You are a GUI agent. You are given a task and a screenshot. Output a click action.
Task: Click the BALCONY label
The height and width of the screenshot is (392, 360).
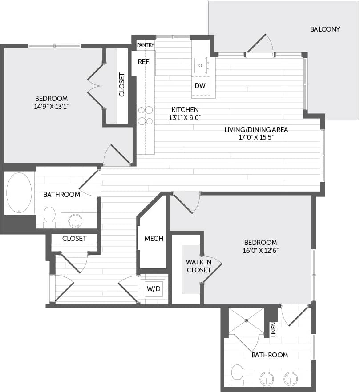point(325,29)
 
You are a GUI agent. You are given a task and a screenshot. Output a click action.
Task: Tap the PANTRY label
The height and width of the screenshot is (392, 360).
point(146,45)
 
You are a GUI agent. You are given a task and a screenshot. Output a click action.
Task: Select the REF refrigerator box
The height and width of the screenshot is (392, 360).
point(143,62)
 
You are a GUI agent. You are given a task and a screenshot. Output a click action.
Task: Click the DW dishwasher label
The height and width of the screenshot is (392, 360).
point(200,86)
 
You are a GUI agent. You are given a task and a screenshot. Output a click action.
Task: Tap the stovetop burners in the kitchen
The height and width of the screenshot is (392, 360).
point(146,115)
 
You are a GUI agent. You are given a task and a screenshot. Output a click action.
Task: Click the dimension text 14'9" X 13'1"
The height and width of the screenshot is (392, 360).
point(51,107)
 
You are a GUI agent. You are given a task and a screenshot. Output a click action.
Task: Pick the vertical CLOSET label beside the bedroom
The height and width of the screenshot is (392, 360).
point(122,84)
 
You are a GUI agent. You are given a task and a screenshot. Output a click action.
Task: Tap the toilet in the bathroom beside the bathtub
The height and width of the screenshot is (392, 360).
point(49,216)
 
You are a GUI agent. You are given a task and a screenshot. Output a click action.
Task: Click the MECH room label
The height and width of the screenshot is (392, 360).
point(154,239)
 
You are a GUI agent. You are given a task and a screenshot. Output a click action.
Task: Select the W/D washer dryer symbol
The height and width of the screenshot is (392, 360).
point(154,289)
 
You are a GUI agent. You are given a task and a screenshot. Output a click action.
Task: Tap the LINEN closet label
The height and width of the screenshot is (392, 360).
point(274,329)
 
